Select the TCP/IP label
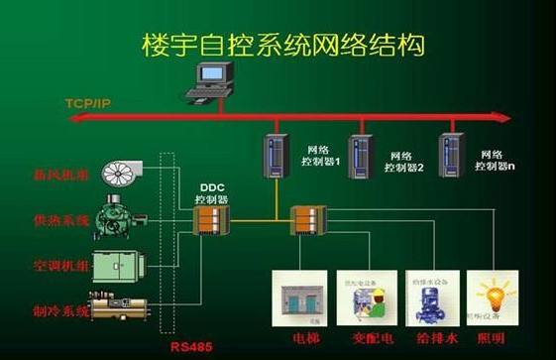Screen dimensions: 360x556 pyautogui.click(x=87, y=103)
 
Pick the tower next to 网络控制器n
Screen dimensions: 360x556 pyautogui.click(x=451, y=152)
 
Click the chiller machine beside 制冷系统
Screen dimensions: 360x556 pyautogui.click(x=124, y=306)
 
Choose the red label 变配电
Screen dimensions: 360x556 pyautogui.click(x=367, y=336)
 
